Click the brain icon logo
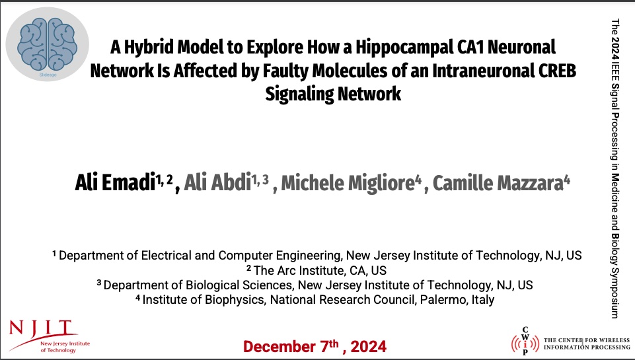point(48,44)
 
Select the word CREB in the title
point(557,71)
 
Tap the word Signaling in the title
point(299,94)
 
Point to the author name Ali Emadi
point(116,182)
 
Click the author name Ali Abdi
point(217,182)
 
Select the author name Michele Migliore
point(348,182)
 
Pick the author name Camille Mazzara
point(498,182)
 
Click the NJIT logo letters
point(41,327)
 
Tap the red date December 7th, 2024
point(315,346)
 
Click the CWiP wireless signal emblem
point(525,343)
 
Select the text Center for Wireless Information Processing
point(587,343)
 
